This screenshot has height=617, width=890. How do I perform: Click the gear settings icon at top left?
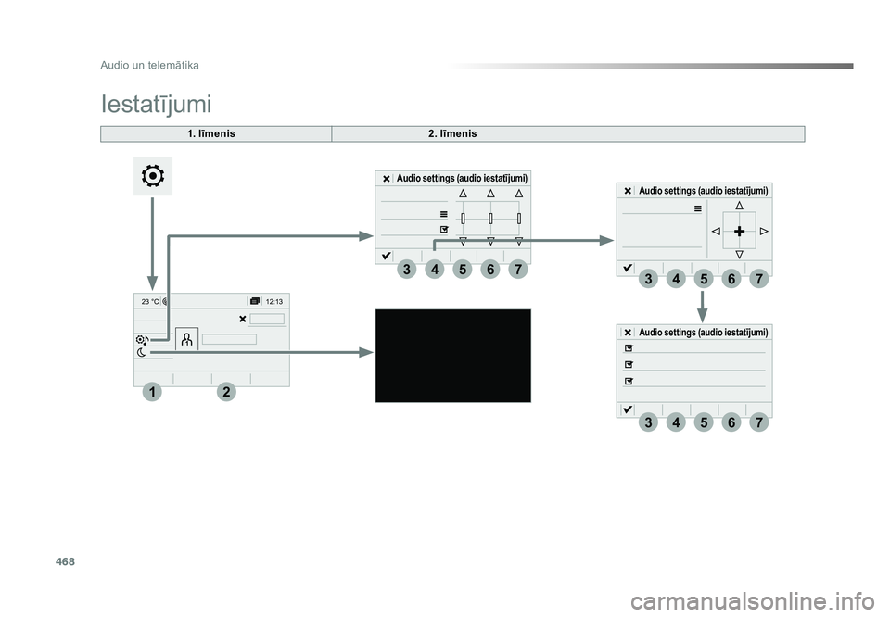(153, 176)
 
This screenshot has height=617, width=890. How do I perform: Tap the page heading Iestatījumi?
(156, 105)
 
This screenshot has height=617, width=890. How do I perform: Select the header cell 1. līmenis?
(211, 133)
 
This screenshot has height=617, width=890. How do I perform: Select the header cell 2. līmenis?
(452, 133)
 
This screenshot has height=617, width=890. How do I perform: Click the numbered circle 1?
(151, 392)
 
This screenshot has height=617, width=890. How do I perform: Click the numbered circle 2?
(226, 392)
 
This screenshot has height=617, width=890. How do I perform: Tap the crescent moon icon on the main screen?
(141, 353)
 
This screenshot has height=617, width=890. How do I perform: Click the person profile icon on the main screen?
(186, 339)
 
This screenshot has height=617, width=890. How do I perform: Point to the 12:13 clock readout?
(274, 302)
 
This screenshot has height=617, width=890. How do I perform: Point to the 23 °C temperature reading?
(150, 302)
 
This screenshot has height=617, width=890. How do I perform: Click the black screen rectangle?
(453, 356)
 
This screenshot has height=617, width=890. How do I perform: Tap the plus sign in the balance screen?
(739, 231)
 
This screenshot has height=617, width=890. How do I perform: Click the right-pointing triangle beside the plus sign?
(764, 231)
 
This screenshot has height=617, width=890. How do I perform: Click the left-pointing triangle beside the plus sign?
(716, 231)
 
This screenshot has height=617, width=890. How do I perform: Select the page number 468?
(65, 561)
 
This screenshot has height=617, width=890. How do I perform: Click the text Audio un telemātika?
(149, 65)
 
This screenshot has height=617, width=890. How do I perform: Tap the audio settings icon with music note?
(143, 340)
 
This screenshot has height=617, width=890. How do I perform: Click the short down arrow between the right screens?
(702, 307)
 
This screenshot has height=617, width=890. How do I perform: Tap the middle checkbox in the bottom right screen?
(629, 365)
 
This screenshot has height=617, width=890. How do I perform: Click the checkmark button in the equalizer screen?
(386, 256)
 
